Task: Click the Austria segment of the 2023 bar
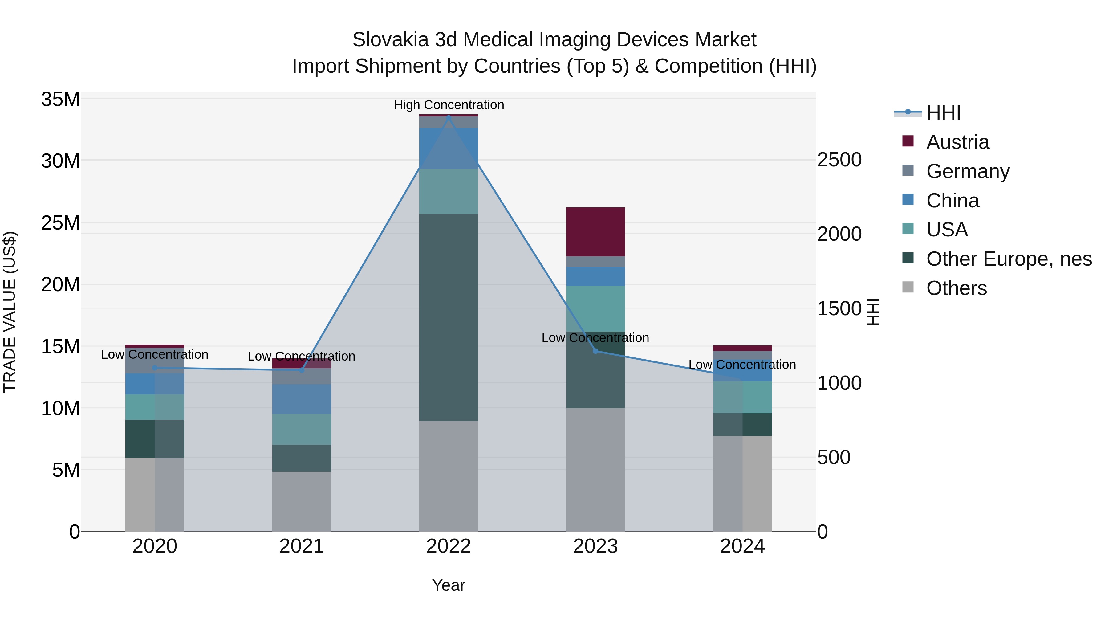tap(595, 232)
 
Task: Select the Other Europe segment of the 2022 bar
tap(449, 317)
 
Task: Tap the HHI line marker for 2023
tap(595, 351)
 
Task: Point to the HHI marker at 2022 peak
tap(449, 117)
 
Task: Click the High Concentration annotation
tap(449, 105)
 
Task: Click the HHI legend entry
tap(943, 113)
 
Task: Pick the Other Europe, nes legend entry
tap(1009, 259)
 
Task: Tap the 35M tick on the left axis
tap(60, 100)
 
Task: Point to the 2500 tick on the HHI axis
tap(839, 160)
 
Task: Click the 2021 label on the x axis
tap(301, 546)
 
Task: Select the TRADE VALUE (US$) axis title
tap(10, 312)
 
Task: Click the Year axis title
tap(449, 585)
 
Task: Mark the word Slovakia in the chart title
tap(391, 40)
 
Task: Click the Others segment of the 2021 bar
tap(301, 501)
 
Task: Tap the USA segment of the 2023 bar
tap(595, 308)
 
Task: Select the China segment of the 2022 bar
tap(449, 148)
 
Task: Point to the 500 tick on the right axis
tap(834, 457)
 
